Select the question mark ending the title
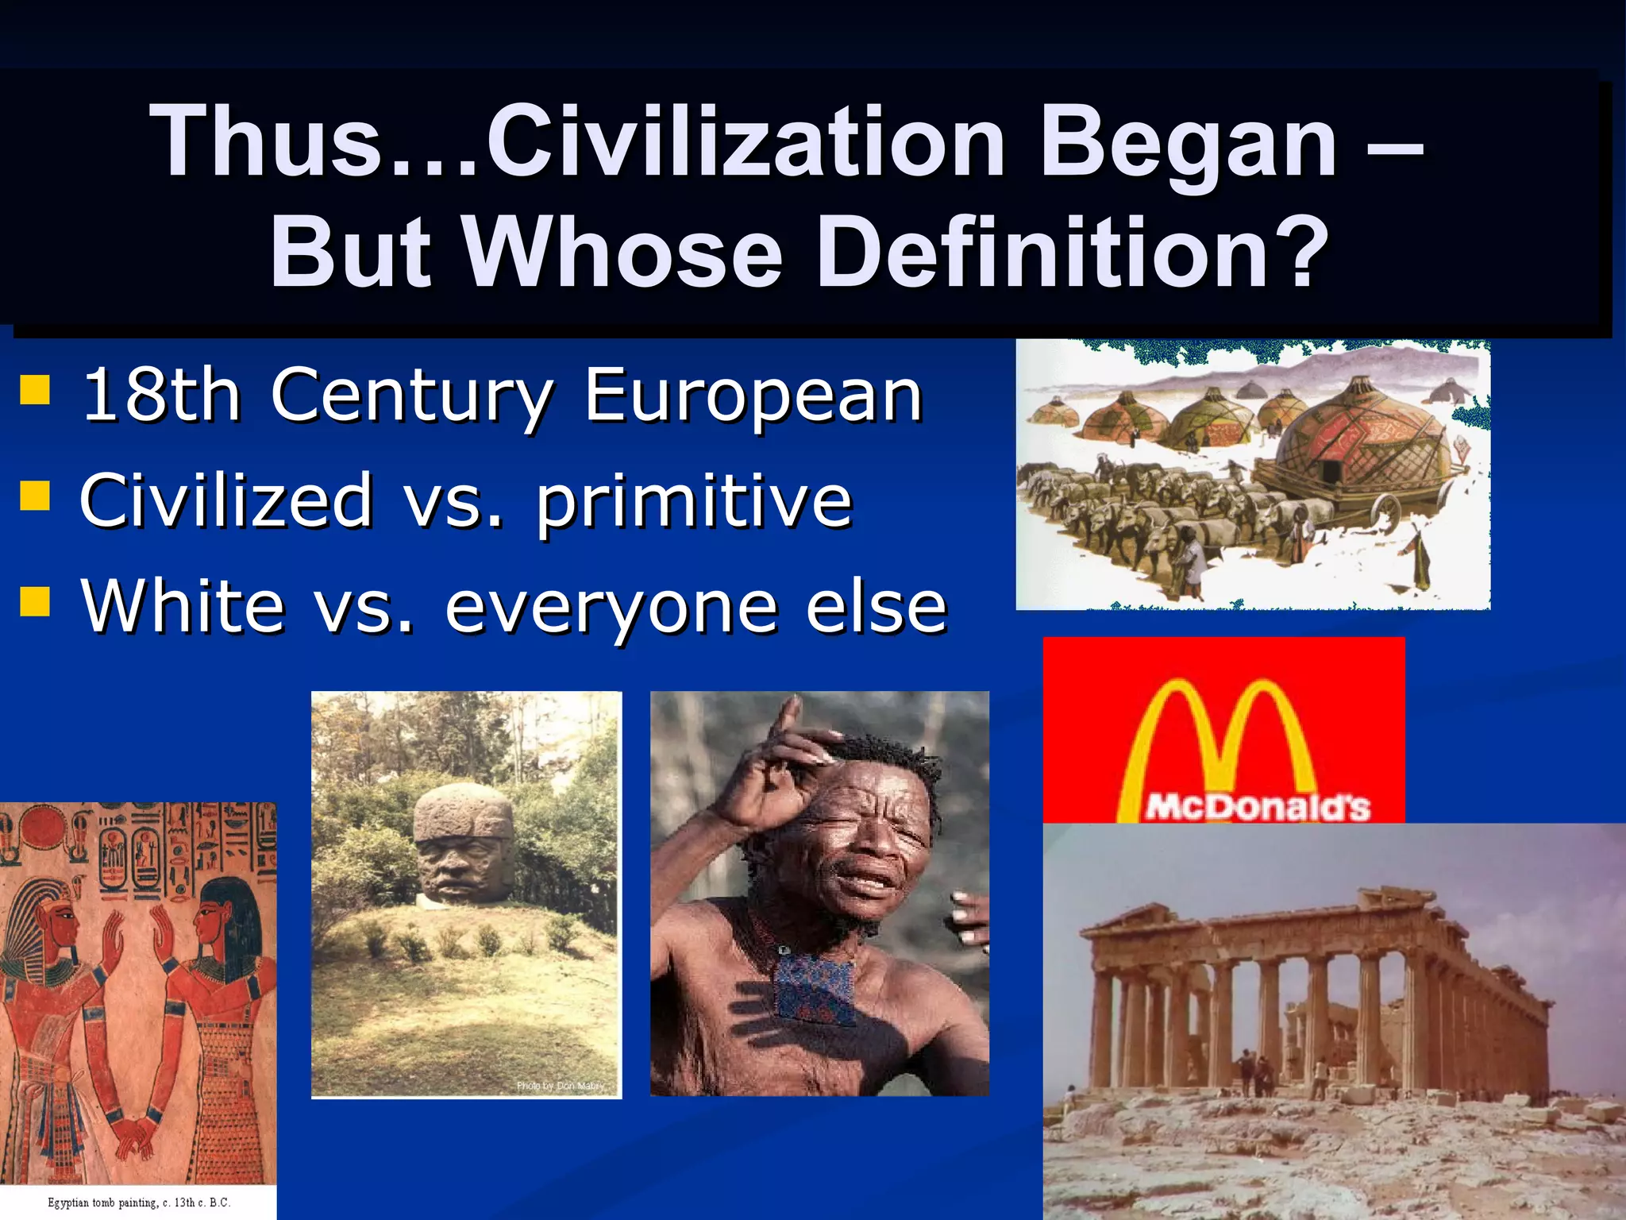click(x=1303, y=253)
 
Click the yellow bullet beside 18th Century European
click(x=35, y=390)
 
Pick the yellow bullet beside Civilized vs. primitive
click(x=35, y=496)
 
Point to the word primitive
click(x=694, y=502)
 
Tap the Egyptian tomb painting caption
click(x=139, y=1203)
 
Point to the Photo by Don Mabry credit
click(x=561, y=1085)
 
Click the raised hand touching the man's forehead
click(x=782, y=762)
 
